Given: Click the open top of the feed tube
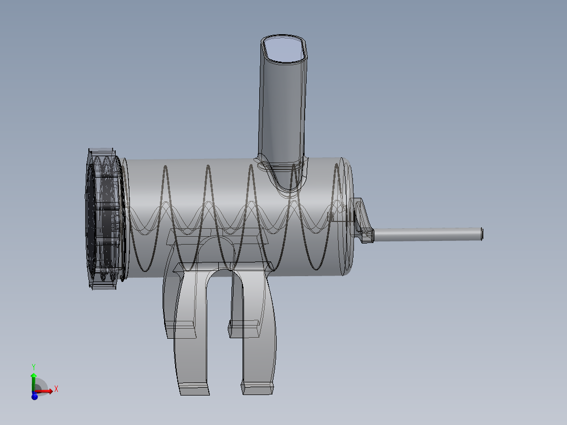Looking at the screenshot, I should click(x=285, y=49).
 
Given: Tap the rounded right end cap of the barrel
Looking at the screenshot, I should click(x=347, y=216).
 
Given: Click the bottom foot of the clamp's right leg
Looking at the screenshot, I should click(x=258, y=388).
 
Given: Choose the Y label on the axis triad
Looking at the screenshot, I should click(x=34, y=367).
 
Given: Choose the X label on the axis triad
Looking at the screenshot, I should click(x=56, y=389).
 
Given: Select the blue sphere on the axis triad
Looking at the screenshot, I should click(x=35, y=396).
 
